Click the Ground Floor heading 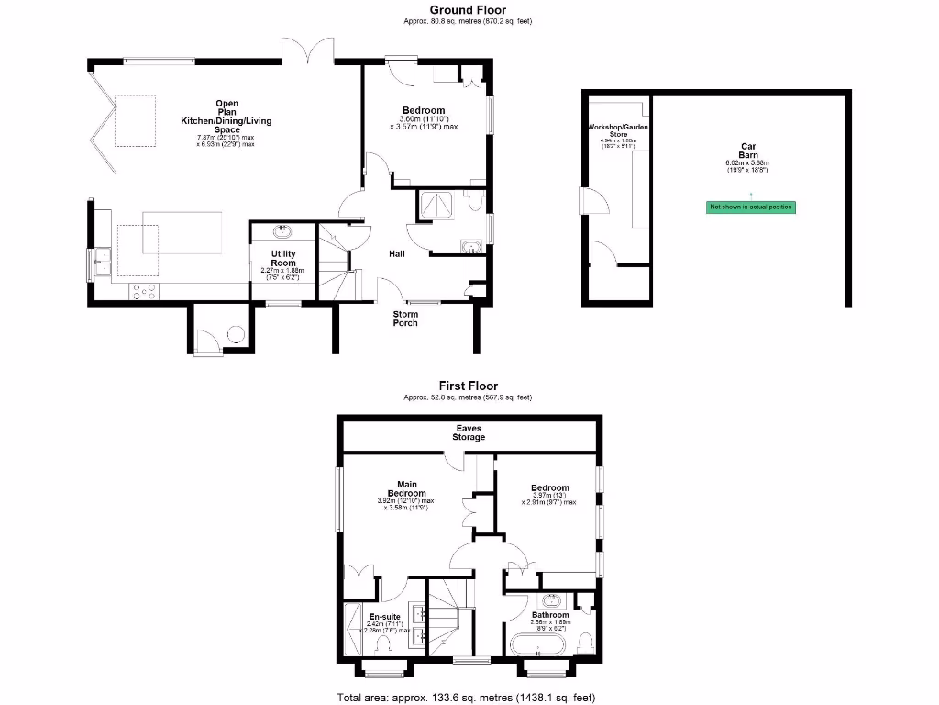[x=469, y=10]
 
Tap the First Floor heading [x=469, y=387]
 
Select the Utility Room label [x=282, y=258]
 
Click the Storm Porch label [x=405, y=319]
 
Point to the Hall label [x=397, y=254]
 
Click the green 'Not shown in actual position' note [x=750, y=207]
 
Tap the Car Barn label [x=749, y=151]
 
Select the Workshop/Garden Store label [x=618, y=129]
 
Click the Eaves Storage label [x=469, y=432]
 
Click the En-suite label [x=385, y=617]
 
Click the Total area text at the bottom [x=469, y=697]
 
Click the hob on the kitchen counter [x=145, y=292]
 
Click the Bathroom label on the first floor [x=550, y=615]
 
